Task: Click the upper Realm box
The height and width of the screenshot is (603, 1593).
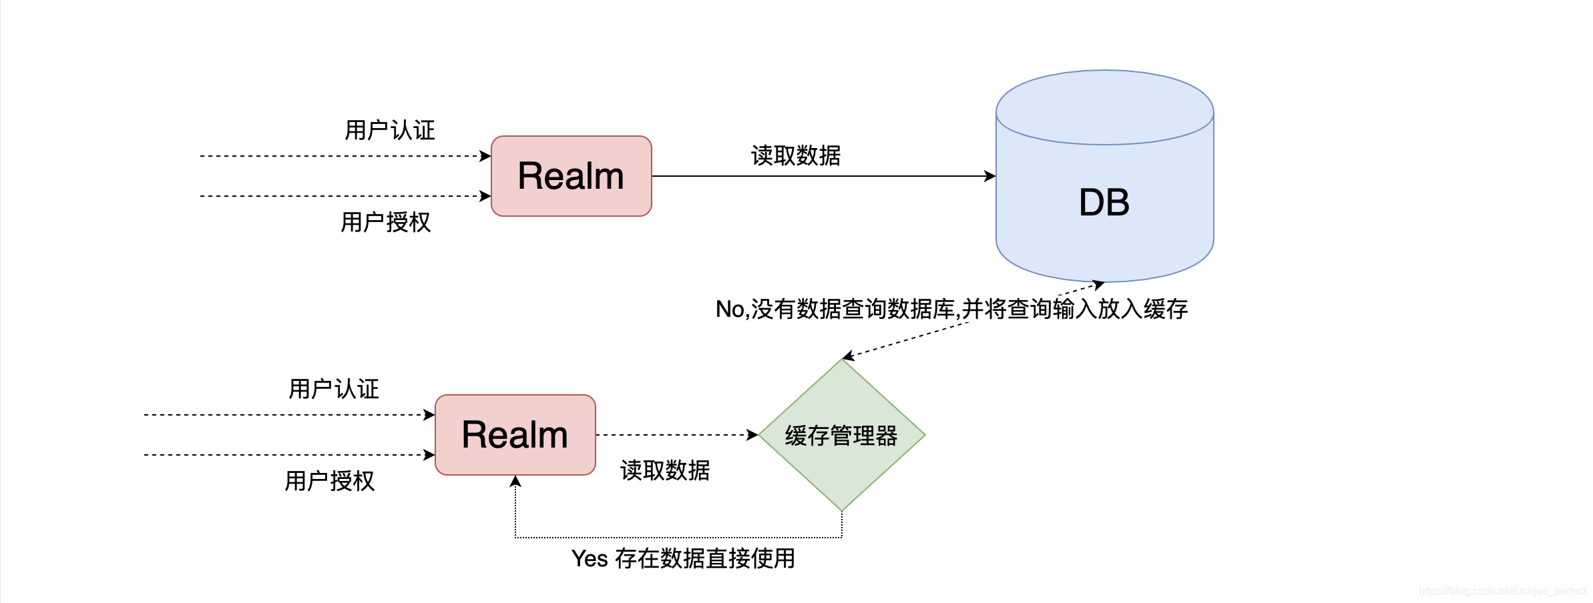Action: tap(571, 176)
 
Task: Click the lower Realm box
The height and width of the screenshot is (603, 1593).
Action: tap(515, 435)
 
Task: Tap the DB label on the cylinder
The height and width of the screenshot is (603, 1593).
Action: tap(1104, 203)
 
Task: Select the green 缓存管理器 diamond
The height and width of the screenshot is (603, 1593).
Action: tap(841, 436)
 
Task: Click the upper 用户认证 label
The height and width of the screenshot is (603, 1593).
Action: tap(389, 130)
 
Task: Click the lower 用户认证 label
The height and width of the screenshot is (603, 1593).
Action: tap(333, 389)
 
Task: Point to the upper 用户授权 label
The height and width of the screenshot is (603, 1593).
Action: tap(385, 222)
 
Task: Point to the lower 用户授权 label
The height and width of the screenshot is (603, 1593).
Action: tap(329, 481)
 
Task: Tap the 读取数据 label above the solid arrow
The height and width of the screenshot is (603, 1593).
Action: tap(795, 155)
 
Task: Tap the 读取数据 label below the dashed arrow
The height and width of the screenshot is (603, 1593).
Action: tap(664, 470)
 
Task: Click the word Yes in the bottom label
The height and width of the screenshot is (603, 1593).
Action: tap(590, 558)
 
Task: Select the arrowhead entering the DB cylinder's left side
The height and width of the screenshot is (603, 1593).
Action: tap(990, 176)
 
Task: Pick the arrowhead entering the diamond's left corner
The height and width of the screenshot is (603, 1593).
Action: tap(752, 435)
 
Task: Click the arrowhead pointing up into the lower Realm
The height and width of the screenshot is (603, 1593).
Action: tap(515, 481)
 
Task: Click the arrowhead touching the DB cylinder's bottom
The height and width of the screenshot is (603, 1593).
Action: tap(1098, 285)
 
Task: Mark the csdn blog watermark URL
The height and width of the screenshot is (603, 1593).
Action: tap(1502, 591)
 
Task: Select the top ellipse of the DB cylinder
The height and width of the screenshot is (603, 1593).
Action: tap(1104, 107)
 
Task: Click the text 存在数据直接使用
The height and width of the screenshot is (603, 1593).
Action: tap(704, 558)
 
